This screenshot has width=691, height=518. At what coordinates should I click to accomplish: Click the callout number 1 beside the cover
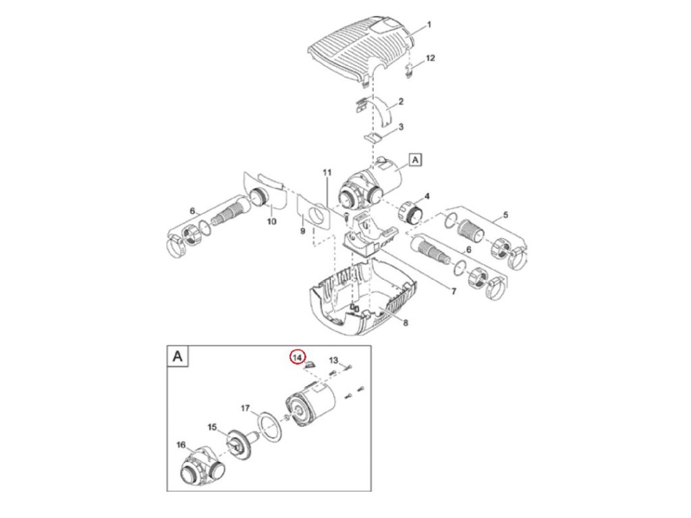429,26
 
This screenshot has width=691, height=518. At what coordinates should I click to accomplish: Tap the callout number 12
430,58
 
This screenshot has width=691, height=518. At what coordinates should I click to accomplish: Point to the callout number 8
405,323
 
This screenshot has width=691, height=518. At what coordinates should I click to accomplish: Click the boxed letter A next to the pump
416,160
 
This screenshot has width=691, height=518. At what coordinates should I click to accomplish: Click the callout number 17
246,408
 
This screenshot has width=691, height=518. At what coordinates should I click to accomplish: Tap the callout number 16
180,444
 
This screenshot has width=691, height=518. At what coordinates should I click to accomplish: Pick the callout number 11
327,173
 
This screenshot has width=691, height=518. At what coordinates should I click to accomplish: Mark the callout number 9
302,231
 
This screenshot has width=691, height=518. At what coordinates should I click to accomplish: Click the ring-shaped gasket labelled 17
269,427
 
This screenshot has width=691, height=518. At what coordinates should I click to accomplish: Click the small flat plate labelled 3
372,138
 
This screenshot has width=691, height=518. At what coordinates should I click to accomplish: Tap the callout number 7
453,291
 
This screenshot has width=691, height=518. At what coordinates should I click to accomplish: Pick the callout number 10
272,221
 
